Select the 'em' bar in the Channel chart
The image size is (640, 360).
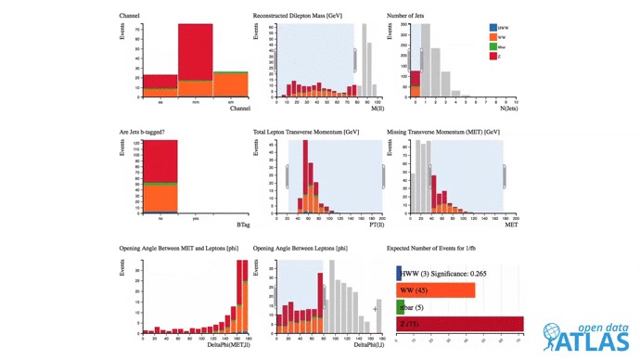click(230, 85)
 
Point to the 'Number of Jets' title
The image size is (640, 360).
click(412, 16)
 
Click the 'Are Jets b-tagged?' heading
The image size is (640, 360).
click(150, 132)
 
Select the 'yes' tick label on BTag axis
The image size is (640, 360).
click(195, 219)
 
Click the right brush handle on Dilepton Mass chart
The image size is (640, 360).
click(354, 60)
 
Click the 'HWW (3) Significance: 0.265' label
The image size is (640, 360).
click(443, 273)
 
